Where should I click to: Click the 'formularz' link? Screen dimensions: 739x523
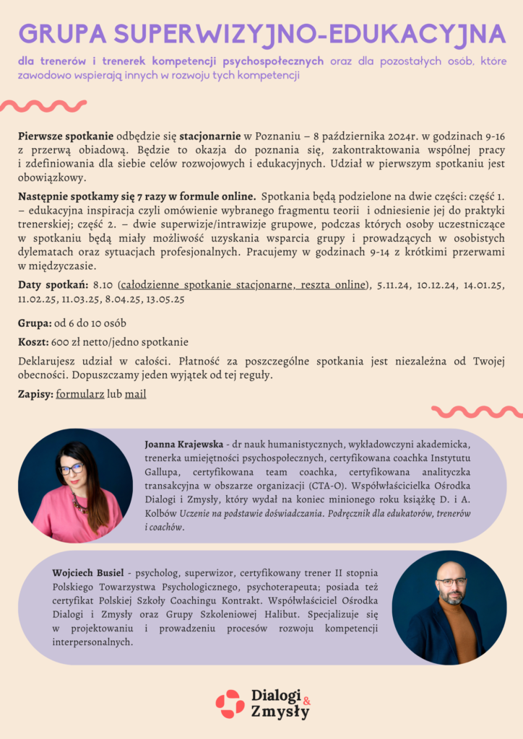79,395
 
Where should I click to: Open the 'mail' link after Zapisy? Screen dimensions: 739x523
135,395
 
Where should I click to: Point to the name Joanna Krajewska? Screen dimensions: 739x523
183,443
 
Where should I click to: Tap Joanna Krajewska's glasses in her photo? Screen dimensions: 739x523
72,469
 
